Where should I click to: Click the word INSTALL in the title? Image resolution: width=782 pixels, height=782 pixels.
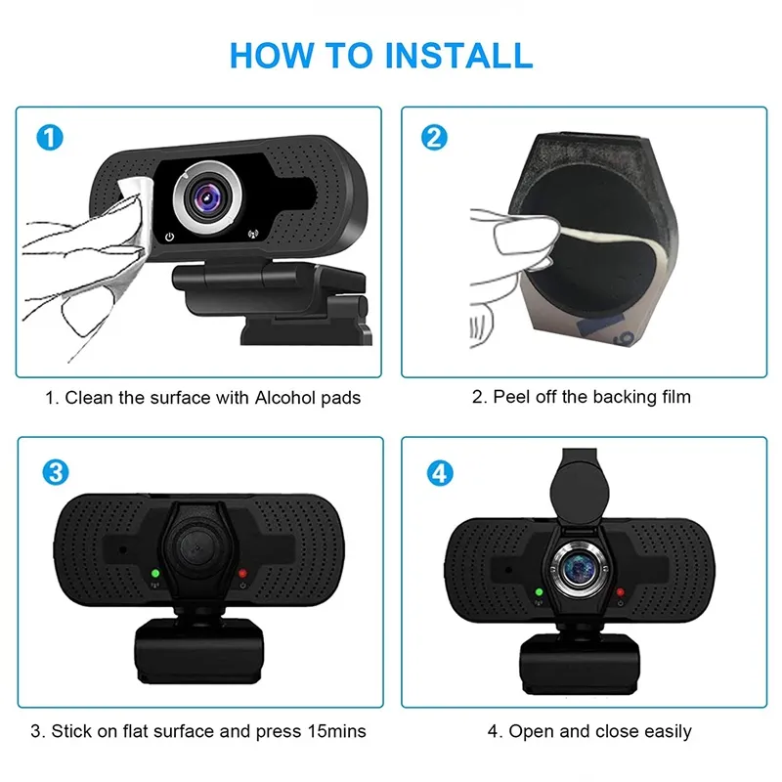[x=458, y=55]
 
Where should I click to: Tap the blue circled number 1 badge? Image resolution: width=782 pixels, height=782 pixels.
[x=50, y=138]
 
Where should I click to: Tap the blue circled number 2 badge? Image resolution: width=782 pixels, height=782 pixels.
[x=434, y=138]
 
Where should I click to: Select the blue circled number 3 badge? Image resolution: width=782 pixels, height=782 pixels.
[x=56, y=472]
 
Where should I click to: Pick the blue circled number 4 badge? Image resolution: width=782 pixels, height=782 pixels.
[x=440, y=473]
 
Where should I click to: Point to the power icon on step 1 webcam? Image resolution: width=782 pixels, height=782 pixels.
[x=169, y=237]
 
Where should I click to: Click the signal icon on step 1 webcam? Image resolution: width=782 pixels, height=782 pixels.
[x=253, y=234]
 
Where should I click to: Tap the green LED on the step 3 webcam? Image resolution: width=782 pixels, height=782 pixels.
[x=155, y=574]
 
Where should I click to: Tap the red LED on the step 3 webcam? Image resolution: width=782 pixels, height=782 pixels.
[x=242, y=574]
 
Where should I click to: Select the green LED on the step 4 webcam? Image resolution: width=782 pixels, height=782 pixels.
[x=539, y=592]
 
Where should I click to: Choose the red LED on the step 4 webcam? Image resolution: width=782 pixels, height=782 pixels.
[x=620, y=592]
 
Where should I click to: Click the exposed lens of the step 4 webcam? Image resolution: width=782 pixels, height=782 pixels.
[x=579, y=568]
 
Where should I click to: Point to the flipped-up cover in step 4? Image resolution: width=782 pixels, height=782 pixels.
[x=580, y=485]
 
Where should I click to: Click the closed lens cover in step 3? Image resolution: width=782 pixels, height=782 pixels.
[x=196, y=547]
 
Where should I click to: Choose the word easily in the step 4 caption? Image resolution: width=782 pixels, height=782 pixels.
[x=668, y=732]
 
